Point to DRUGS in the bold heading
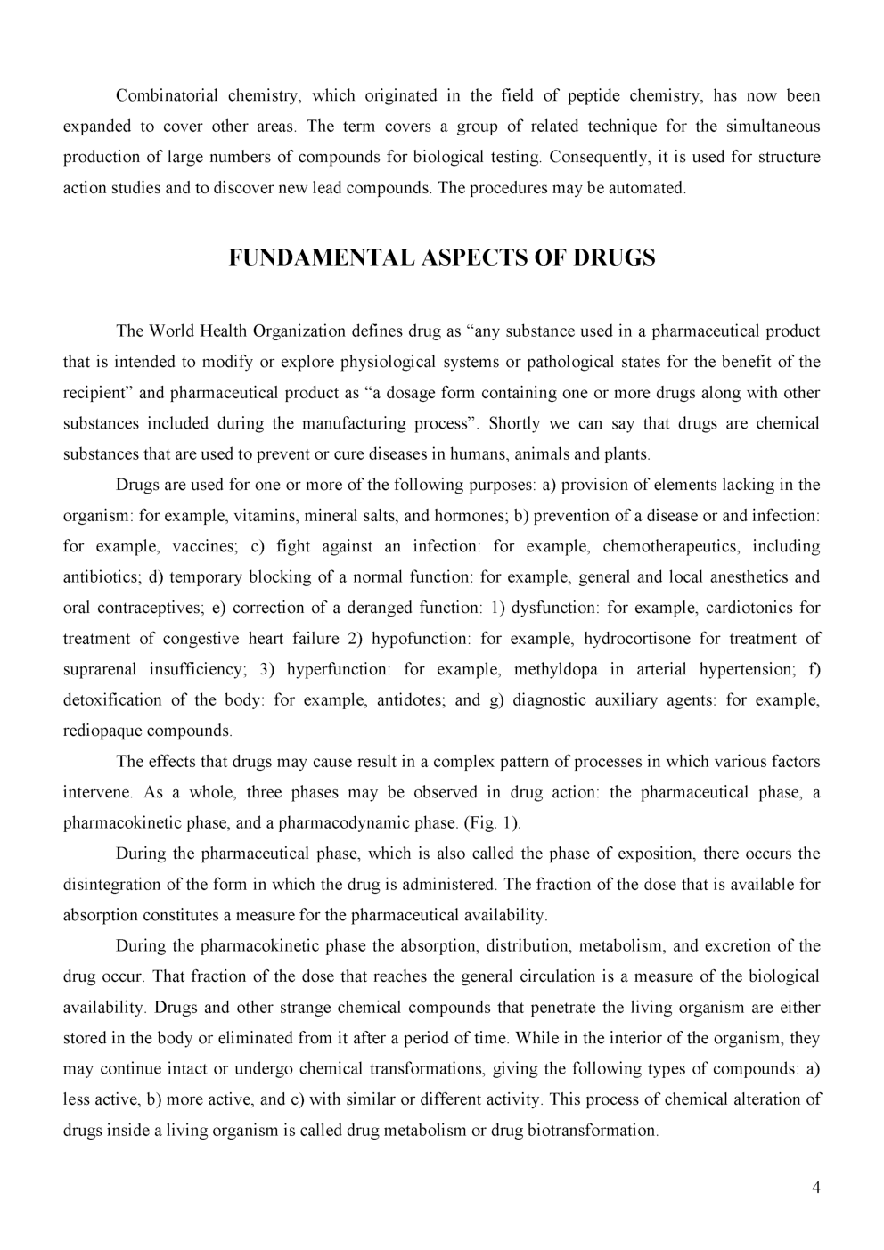(614, 258)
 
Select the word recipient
(96, 393)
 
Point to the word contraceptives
(144, 608)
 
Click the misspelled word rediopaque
(102, 731)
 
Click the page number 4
(816, 1188)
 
